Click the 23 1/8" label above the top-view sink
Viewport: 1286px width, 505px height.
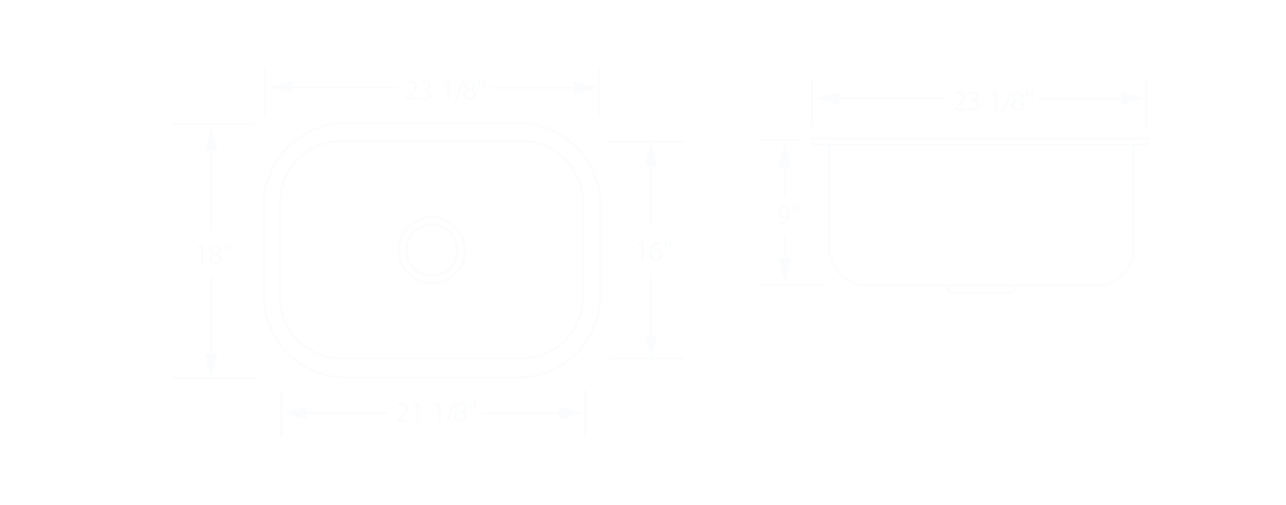coord(445,90)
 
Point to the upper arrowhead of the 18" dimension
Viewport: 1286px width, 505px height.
coord(211,140)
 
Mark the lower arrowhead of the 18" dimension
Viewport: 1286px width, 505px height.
coord(211,365)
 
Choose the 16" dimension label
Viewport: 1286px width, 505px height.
coord(652,251)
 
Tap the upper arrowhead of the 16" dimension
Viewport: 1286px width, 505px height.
coord(651,155)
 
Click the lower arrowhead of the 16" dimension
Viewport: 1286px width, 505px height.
coord(651,345)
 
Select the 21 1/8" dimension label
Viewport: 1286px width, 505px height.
coord(436,413)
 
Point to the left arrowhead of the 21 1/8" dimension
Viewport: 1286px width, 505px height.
coord(296,413)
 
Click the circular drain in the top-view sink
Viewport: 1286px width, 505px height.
coord(432,250)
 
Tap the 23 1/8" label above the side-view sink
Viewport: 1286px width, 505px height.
coord(993,101)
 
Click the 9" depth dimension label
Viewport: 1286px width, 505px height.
coord(787,214)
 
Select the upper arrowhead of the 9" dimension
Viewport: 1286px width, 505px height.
coord(785,156)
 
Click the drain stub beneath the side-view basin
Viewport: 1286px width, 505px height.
coord(981,289)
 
